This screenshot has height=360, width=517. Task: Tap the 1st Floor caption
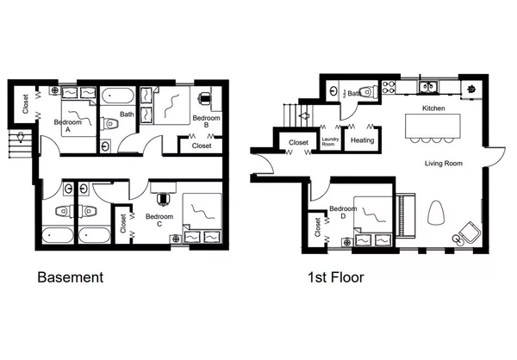point(335,278)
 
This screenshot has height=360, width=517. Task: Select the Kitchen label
point(433,109)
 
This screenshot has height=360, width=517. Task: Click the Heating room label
point(362,140)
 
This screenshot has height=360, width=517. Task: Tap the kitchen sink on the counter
point(427,86)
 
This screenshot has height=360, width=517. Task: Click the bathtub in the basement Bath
point(117,96)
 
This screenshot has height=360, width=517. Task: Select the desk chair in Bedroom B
point(206,98)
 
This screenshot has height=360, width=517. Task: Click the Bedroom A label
point(69,123)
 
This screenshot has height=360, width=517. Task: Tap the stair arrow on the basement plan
point(17,140)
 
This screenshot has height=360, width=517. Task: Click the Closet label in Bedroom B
point(202,146)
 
